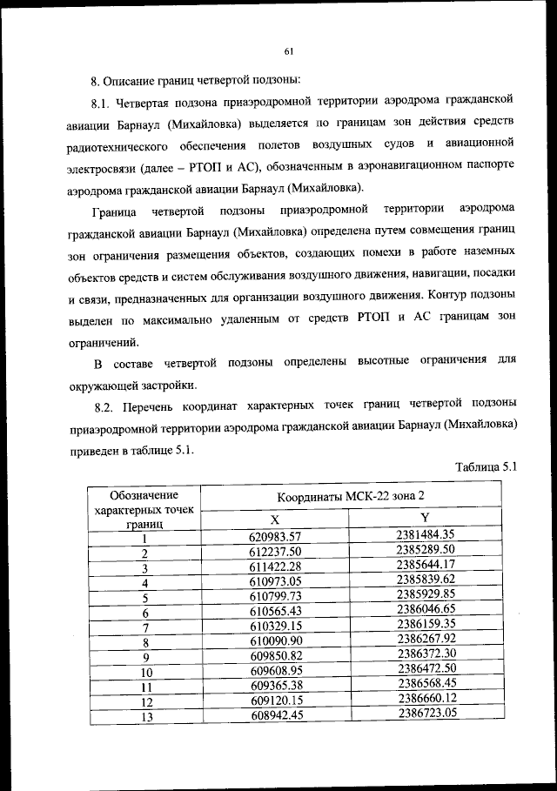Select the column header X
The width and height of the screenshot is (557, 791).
tap(274, 518)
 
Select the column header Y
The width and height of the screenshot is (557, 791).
tap(425, 518)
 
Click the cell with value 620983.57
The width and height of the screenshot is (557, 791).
tap(274, 535)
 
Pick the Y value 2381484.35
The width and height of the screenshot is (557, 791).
tap(426, 534)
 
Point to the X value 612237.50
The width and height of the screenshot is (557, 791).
tap(274, 552)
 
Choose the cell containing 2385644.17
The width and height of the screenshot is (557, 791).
tap(426, 566)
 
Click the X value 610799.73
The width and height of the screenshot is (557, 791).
tap(274, 597)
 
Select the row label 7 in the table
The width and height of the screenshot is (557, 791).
tap(146, 627)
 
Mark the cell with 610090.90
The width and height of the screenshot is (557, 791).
tap(274, 641)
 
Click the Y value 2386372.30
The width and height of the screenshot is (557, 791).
tap(426, 654)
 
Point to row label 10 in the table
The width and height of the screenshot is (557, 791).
tap(146, 672)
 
